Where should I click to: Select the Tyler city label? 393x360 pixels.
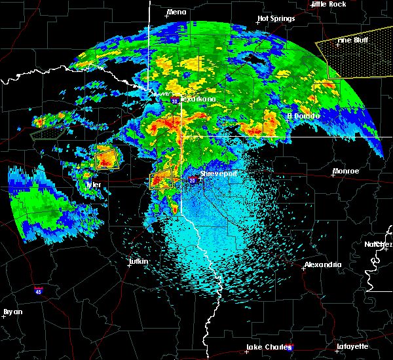94,185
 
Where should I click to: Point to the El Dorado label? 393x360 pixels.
303,116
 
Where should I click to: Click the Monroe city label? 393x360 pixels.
346,171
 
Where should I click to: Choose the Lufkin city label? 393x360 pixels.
138,262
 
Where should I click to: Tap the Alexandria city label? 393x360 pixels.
323,265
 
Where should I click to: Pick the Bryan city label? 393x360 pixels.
13,312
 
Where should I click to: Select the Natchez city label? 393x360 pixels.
379,244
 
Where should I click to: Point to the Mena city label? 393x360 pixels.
176,12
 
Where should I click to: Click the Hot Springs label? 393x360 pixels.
273,18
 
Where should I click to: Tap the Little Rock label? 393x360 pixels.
329,4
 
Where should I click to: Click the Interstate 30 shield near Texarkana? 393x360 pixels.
176,101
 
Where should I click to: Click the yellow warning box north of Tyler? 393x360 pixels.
107,158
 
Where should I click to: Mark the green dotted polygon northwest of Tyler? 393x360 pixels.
48,130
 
